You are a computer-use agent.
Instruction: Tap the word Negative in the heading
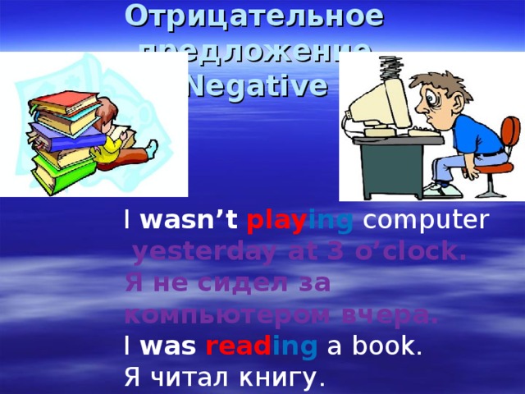tap(254, 85)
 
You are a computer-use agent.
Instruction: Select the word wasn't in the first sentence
tap(189, 221)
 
